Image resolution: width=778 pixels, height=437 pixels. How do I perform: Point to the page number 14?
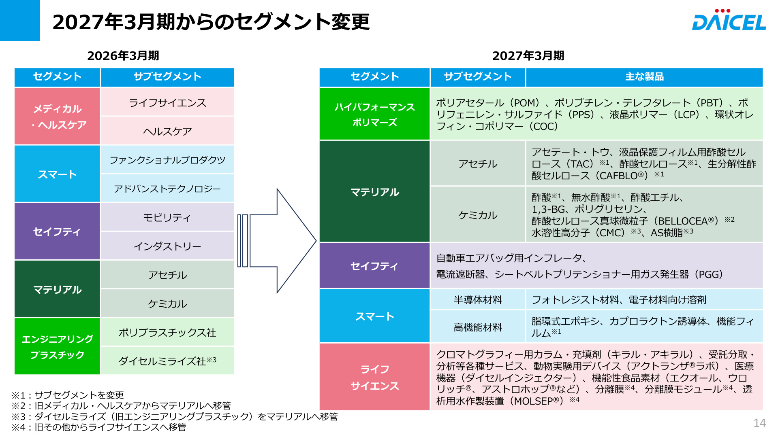coord(759,423)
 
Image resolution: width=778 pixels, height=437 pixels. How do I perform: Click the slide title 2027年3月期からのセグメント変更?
coord(211,22)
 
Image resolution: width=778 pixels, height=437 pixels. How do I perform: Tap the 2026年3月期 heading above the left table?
coord(123,56)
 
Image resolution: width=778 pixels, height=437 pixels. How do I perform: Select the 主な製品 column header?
coord(644,77)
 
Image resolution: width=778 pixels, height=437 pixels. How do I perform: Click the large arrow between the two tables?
coord(277,241)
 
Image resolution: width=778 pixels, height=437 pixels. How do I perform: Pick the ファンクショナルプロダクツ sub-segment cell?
coord(167,160)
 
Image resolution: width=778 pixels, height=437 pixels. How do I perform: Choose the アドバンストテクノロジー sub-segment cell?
coord(167,189)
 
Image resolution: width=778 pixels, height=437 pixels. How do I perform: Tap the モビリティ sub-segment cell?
coord(167,217)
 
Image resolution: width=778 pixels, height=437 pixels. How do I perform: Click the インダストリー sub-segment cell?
coord(167,246)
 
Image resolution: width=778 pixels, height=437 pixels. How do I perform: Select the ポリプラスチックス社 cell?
coord(167,332)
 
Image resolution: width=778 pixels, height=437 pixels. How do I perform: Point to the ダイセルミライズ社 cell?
coord(167,361)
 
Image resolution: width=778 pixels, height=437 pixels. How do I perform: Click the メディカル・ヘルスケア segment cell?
coord(57,117)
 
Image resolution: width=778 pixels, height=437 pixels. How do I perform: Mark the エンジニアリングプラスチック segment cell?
coord(57,346)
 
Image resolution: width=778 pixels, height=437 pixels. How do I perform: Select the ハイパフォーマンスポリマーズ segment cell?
coord(374,114)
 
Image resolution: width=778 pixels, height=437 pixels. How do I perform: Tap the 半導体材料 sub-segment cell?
coord(478,300)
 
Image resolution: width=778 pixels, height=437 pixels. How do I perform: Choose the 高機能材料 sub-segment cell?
coord(478,327)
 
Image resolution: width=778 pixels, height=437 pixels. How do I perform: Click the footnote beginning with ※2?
coord(121,406)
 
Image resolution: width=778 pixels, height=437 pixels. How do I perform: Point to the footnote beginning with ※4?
coord(99,427)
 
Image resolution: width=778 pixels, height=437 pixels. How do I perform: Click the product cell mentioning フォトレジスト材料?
coord(644,300)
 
